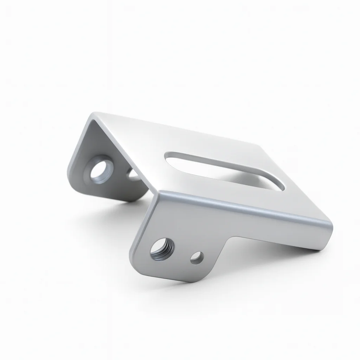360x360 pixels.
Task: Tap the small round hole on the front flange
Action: (x=197, y=258)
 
